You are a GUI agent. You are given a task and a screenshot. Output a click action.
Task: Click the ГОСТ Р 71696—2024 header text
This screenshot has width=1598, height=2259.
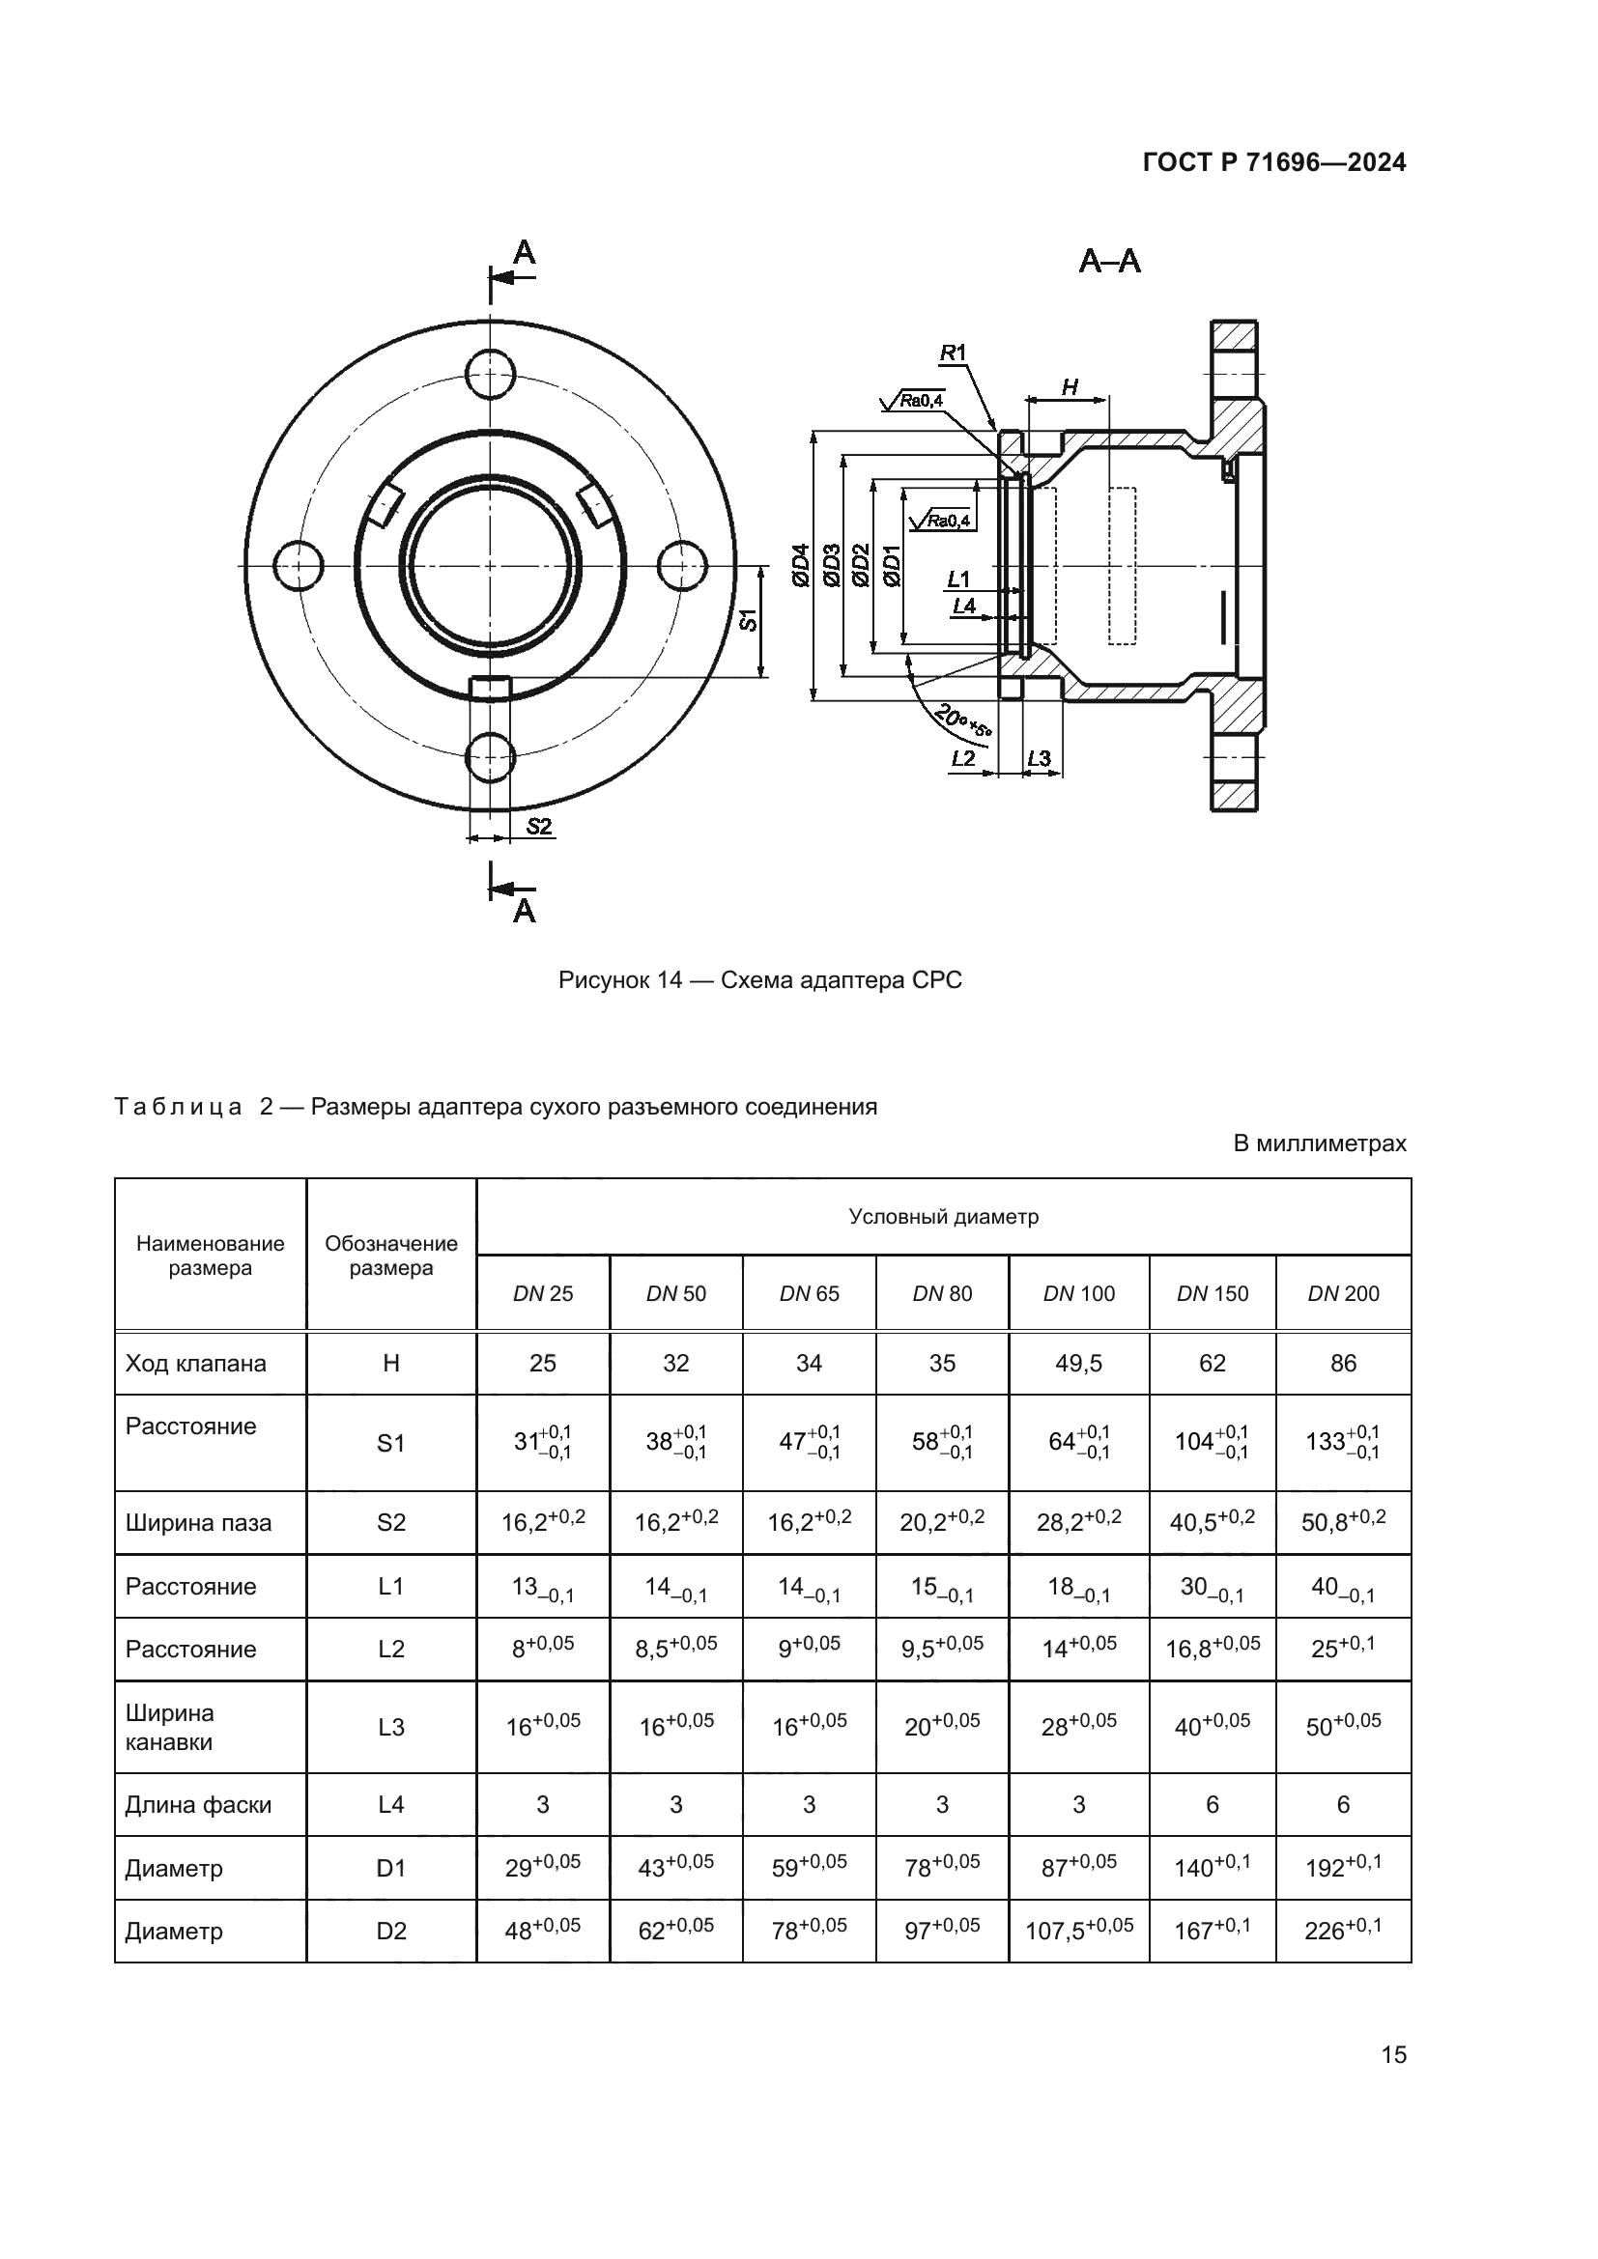coord(1273,162)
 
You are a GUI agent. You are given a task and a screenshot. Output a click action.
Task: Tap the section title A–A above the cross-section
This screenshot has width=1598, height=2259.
coord(1109,262)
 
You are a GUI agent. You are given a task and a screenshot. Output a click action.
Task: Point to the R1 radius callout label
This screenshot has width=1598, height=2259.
coord(953,353)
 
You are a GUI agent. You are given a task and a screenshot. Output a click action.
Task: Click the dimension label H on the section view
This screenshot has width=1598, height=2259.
coord(1070,387)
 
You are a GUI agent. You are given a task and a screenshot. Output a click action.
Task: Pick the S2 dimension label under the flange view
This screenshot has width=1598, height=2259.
coord(538,827)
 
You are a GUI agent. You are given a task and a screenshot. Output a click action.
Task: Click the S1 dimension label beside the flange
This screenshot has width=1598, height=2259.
coord(750,620)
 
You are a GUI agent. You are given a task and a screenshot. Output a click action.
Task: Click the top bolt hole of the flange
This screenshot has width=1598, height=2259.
coord(490,373)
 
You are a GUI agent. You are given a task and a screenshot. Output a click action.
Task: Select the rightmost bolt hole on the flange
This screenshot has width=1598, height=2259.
coord(682,566)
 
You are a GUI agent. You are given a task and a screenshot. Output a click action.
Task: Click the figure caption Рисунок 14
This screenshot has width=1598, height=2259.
coord(759,980)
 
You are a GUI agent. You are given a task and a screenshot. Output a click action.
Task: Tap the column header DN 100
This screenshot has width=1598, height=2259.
coord(1078,1294)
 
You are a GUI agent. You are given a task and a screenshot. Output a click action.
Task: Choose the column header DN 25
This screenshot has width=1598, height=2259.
coord(542,1294)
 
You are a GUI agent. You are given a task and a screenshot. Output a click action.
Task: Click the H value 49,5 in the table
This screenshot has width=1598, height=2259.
coord(1078,1363)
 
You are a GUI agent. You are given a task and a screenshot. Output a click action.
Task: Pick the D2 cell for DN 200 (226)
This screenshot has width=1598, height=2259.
coord(1342,1931)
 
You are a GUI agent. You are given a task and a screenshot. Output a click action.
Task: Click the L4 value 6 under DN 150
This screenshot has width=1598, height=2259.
coord(1212,1804)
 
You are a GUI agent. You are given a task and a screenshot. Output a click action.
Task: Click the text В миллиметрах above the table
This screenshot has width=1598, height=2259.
coord(1319,1144)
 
